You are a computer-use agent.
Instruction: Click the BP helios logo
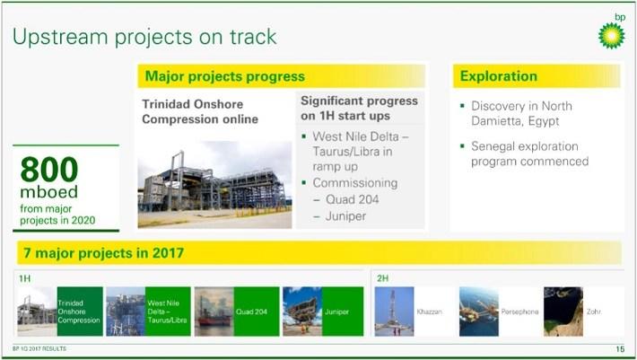pos(611,34)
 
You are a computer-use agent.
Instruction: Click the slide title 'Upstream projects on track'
pos(144,37)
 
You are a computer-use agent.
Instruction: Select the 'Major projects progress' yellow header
pos(225,76)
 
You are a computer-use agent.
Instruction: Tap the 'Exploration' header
pos(499,76)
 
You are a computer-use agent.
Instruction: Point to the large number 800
pos(49,170)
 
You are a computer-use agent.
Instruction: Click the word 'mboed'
pos(46,192)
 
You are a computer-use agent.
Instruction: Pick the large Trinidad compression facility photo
pos(214,183)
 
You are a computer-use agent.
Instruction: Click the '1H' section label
pos(24,278)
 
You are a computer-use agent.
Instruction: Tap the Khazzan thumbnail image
pos(394,311)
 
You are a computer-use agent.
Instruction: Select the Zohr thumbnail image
pos(563,311)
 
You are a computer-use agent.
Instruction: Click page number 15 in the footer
pos(619,348)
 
